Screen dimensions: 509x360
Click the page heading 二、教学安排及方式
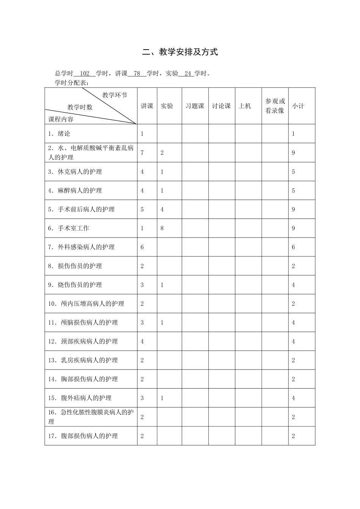tap(180, 52)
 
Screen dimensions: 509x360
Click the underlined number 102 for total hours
tap(85, 73)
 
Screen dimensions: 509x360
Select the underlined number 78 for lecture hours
tap(137, 73)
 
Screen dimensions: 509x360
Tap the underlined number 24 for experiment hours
tap(188, 73)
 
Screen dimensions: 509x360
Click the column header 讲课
tap(147, 106)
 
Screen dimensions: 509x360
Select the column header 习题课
tap(195, 106)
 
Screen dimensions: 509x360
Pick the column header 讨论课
tap(221, 106)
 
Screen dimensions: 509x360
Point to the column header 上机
tap(245, 106)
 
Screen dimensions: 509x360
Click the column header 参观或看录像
tap(275, 106)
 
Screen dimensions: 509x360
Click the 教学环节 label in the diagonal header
tap(115, 95)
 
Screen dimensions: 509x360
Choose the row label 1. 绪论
tap(59, 134)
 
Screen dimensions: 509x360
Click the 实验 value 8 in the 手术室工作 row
tap(162, 228)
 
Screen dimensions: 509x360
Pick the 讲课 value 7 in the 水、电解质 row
tap(142, 153)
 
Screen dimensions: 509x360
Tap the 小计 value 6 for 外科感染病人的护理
tap(293, 247)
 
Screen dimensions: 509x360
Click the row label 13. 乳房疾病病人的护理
tap(83, 360)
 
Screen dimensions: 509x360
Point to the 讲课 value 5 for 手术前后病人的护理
tap(142, 209)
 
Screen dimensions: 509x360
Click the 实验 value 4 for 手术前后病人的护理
tap(162, 209)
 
